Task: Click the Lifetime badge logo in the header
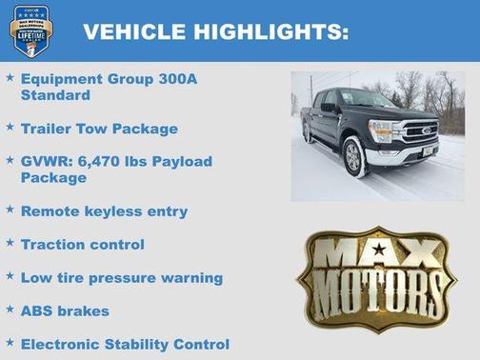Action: click(x=30, y=30)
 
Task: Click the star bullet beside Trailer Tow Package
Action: click(x=10, y=127)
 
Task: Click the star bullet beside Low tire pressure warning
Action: click(x=10, y=277)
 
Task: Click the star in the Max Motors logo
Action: click(x=379, y=250)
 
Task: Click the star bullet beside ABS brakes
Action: click(x=10, y=310)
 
